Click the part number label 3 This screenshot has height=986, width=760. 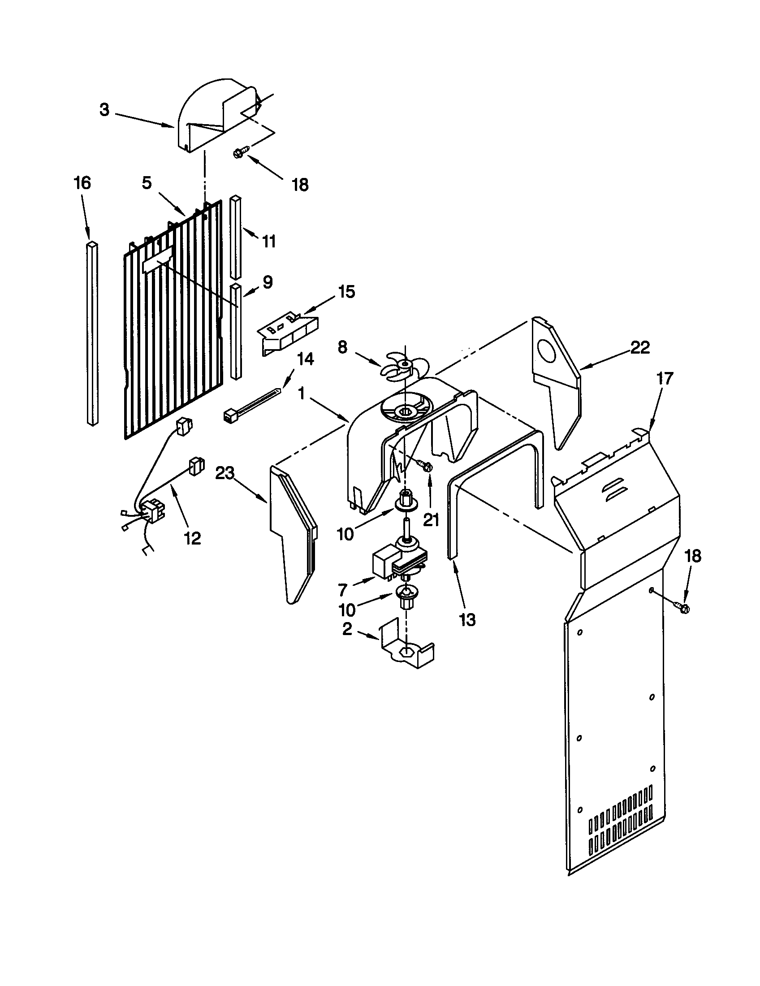pyautogui.click(x=104, y=110)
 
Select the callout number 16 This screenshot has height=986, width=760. pyautogui.click(x=82, y=183)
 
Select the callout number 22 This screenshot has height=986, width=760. pyautogui.click(x=640, y=348)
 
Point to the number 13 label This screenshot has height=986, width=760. pyautogui.click(x=467, y=620)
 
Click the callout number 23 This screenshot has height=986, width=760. pyautogui.click(x=225, y=474)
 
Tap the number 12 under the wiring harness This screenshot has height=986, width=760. pyautogui.click(x=193, y=538)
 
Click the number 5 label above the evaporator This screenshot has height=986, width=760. pyautogui.click(x=147, y=183)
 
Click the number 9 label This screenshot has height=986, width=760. pyautogui.click(x=268, y=283)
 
